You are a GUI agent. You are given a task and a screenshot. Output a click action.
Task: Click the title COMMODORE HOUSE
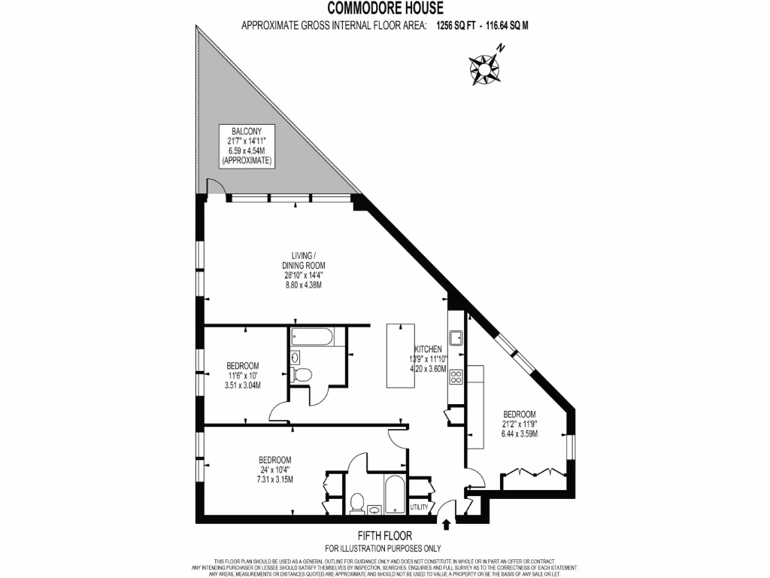(x=384, y=9)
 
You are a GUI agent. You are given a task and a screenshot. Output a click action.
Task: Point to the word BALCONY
(x=247, y=130)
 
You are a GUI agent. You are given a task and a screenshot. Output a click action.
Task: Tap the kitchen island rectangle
(x=400, y=355)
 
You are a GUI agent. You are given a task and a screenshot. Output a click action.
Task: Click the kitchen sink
(x=456, y=336)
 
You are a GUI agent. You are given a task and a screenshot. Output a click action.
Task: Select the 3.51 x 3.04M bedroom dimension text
(x=242, y=385)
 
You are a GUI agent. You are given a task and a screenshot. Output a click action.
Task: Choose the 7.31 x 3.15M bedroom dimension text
(x=274, y=479)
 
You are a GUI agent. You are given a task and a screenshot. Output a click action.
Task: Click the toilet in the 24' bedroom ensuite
(x=357, y=500)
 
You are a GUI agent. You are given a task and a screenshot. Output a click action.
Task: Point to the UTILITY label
(x=419, y=507)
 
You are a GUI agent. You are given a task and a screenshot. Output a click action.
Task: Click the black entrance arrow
(x=447, y=525)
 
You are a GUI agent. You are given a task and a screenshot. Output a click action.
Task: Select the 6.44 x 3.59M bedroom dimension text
(x=520, y=434)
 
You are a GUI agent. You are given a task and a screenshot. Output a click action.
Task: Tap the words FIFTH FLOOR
(x=384, y=537)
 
